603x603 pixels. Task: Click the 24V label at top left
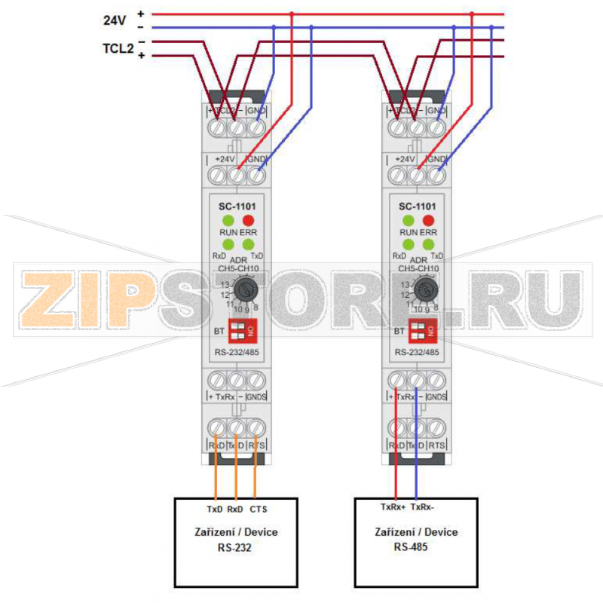click(115, 20)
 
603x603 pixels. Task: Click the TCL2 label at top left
click(118, 49)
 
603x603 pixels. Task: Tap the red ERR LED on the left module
click(249, 220)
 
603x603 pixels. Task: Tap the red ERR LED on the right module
click(428, 220)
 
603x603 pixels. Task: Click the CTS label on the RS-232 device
click(258, 510)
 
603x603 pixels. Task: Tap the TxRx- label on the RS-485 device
click(422, 507)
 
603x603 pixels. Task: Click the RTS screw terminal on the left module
click(256, 428)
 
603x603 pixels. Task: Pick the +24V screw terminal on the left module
click(237, 176)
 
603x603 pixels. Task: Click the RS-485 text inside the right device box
click(411, 546)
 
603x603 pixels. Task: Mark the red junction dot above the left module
click(292, 14)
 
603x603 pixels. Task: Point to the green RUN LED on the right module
click(408, 220)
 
